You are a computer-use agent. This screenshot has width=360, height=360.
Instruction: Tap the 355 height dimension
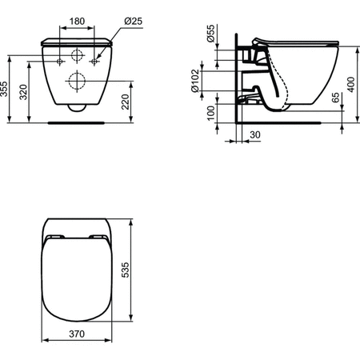[x=7, y=88]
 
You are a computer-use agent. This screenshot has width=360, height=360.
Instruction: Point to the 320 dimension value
[x=26, y=93]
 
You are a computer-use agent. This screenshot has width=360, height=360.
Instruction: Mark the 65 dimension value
[x=335, y=101]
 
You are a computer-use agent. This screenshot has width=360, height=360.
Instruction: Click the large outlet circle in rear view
[x=78, y=81]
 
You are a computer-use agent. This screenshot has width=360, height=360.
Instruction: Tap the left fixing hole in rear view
[x=61, y=61]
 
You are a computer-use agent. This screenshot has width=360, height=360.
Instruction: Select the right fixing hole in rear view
[x=94, y=61]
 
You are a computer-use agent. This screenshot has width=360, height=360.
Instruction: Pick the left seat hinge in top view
[x=56, y=237]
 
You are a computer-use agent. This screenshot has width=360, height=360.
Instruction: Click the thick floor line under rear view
[x=77, y=123]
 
